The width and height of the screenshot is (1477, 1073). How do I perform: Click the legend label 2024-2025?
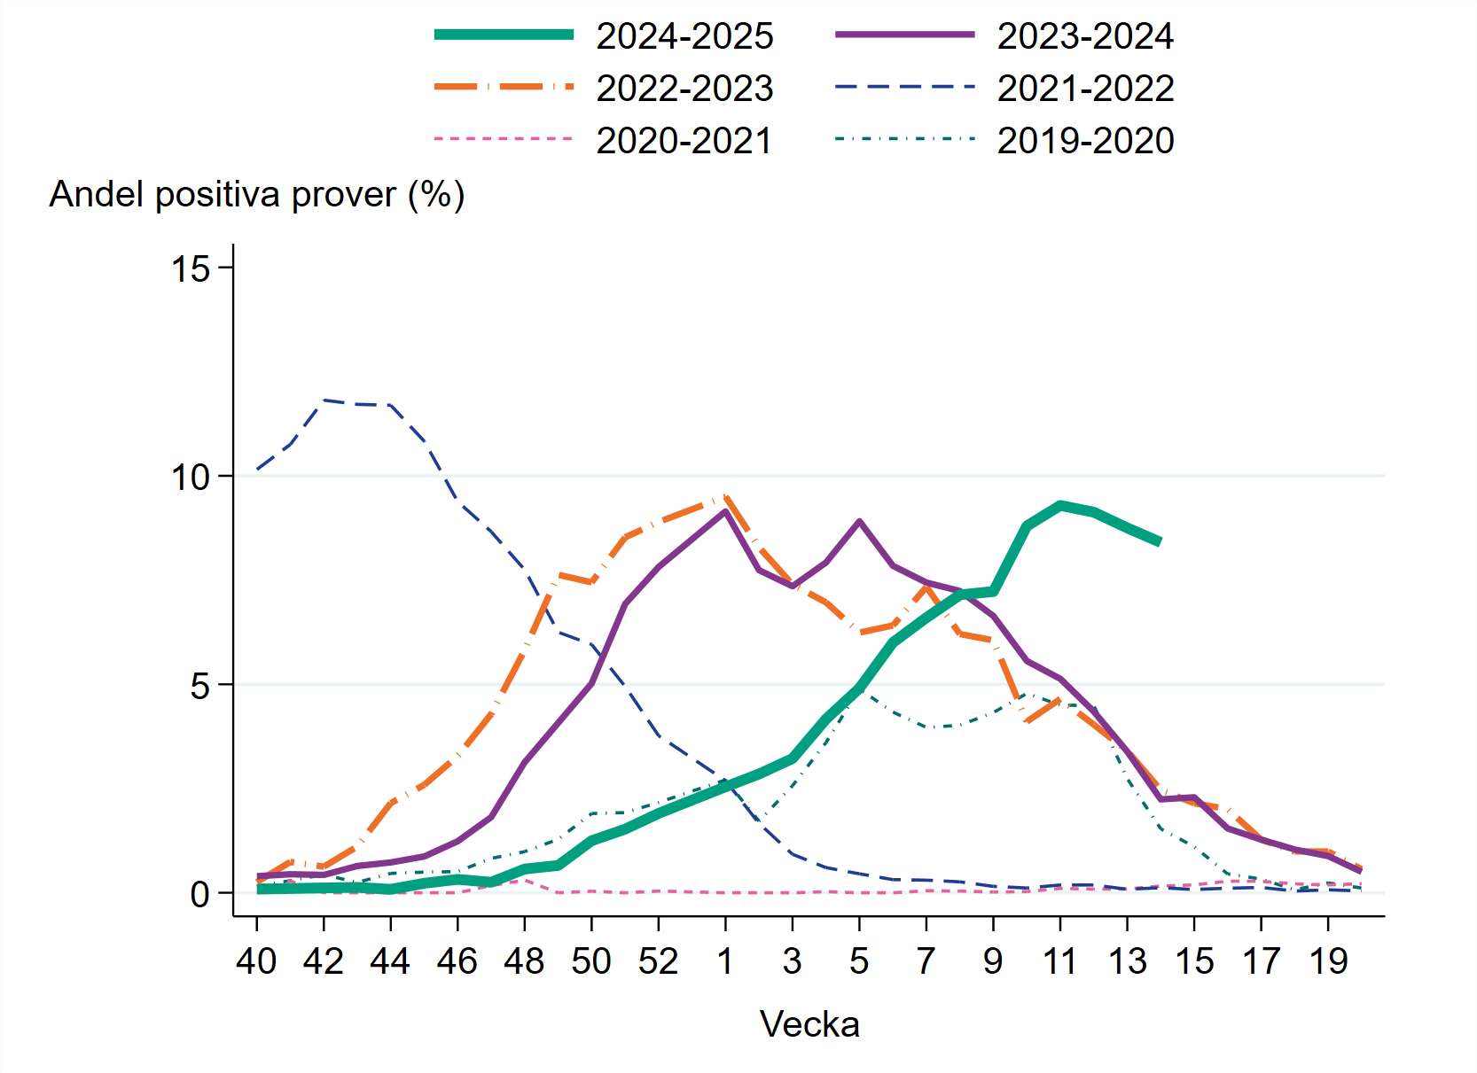(x=684, y=36)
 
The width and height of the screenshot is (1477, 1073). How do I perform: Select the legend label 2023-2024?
(x=1085, y=36)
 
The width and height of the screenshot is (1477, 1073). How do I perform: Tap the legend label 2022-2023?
(x=684, y=89)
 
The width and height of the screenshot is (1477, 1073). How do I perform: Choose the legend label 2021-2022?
(x=1085, y=89)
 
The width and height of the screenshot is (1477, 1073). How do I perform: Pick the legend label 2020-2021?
(x=684, y=141)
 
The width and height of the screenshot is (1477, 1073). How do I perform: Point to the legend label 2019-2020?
(x=1085, y=141)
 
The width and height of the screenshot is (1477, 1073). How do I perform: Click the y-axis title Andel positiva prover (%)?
(x=257, y=194)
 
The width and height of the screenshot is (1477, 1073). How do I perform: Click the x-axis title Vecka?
(x=809, y=1024)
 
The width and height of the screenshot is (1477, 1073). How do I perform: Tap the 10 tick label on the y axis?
(x=191, y=478)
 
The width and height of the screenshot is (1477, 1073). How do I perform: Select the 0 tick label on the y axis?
(x=200, y=894)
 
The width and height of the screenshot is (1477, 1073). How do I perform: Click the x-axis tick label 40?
(x=256, y=961)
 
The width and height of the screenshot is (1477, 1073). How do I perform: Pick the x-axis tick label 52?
(x=658, y=961)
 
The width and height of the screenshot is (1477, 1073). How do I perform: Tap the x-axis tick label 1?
(x=725, y=961)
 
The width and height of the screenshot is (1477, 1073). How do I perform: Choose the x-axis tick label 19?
(x=1327, y=961)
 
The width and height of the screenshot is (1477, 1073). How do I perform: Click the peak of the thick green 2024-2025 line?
(x=1060, y=505)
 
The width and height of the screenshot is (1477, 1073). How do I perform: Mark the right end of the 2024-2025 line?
(x=1160, y=541)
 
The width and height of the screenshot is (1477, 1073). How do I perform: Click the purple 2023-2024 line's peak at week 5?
(x=859, y=522)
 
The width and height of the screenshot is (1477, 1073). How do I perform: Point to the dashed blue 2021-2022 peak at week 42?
(x=324, y=400)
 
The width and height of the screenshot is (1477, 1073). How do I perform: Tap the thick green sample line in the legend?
(x=504, y=35)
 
